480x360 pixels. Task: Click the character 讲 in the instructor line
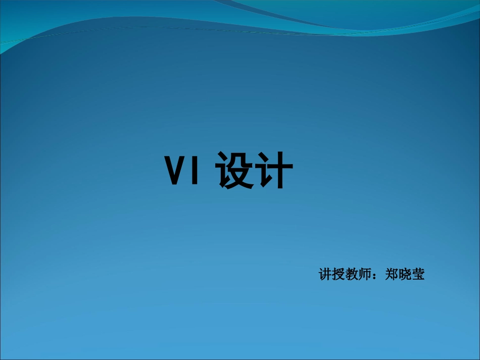pyautogui.click(x=325, y=275)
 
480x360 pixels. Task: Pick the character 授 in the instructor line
pyautogui.click(x=339, y=275)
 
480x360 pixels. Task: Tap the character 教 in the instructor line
pyautogui.click(x=352, y=275)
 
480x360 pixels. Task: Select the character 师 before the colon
pyautogui.click(x=365, y=275)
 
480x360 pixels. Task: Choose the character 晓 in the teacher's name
pyautogui.click(x=405, y=275)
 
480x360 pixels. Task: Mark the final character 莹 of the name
pyautogui.click(x=418, y=275)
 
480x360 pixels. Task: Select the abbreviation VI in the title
pyautogui.click(x=185, y=170)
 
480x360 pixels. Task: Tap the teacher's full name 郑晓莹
pyautogui.click(x=405, y=275)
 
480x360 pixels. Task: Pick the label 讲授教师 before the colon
pyautogui.click(x=345, y=275)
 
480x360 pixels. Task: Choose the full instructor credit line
pyautogui.click(x=372, y=275)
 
